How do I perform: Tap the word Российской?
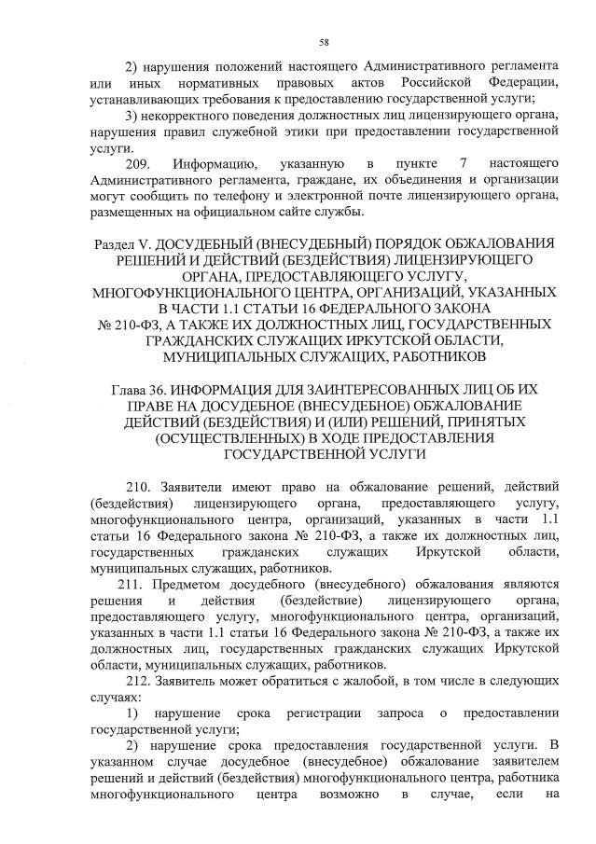click(x=425, y=83)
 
